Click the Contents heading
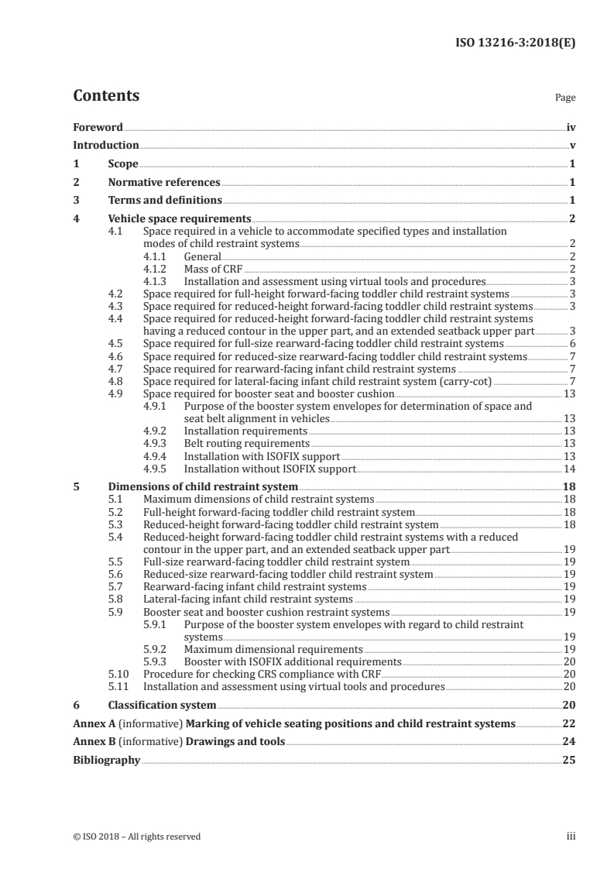(106, 96)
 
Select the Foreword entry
(98, 127)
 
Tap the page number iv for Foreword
(571, 127)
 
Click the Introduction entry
(105, 146)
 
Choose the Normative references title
(164, 183)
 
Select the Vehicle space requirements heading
(180, 219)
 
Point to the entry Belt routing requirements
(246, 444)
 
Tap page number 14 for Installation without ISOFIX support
(570, 469)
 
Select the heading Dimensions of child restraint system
(203, 487)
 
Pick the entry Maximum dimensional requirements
(273, 649)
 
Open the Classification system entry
(162, 706)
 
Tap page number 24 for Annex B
(569, 742)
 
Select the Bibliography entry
(106, 761)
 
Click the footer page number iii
(570, 836)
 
